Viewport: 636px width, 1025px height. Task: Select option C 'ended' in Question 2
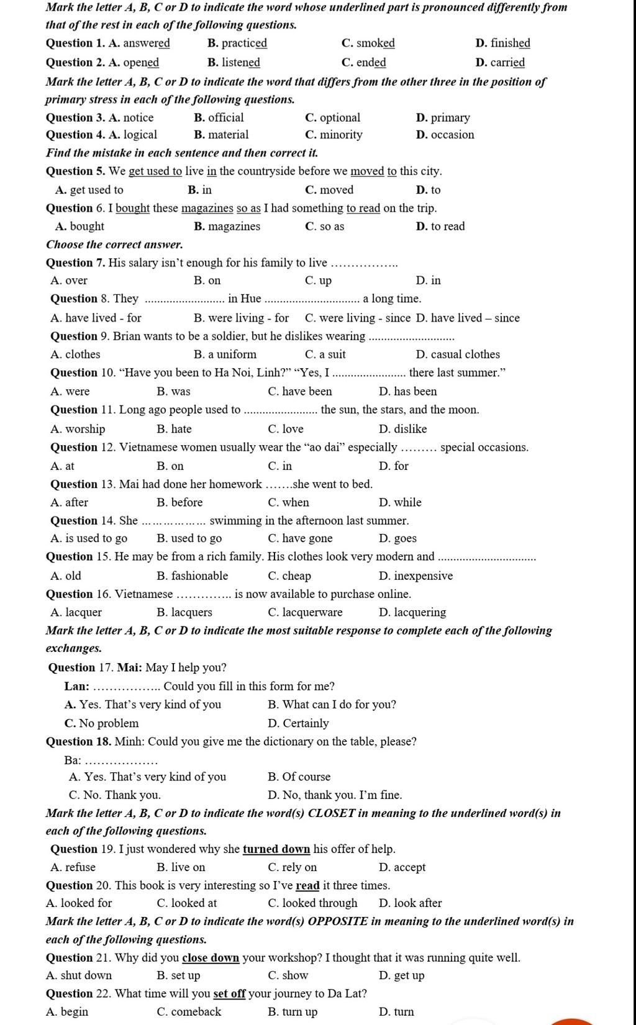pyautogui.click(x=371, y=62)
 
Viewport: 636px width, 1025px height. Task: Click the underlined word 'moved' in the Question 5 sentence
pyautogui.click(x=368, y=171)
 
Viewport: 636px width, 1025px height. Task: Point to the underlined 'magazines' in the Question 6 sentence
pyautogui.click(x=207, y=208)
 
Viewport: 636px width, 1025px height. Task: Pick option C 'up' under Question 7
pyautogui.click(x=325, y=281)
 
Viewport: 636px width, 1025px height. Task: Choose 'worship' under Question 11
pyautogui.click(x=85, y=429)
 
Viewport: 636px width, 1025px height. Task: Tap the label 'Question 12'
pyautogui.click(x=83, y=447)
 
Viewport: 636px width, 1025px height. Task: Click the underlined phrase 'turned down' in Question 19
pyautogui.click(x=276, y=849)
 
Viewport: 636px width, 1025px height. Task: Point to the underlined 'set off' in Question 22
pyautogui.click(x=230, y=993)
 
